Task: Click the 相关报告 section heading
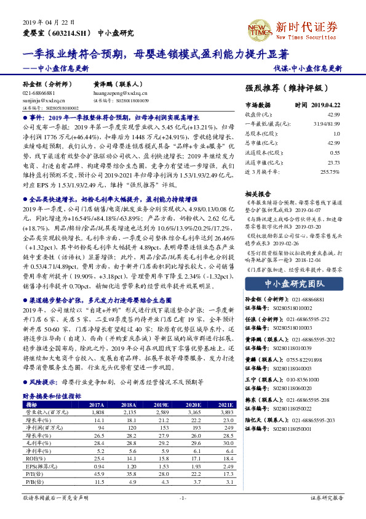(257, 193)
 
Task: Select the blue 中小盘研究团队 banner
(290, 284)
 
